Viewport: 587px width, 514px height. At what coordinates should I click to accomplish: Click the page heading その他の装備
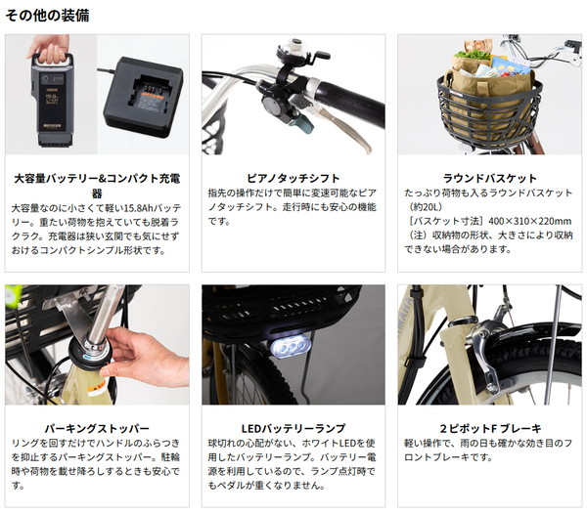[47, 16]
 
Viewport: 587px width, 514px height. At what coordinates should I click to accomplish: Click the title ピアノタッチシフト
[293, 178]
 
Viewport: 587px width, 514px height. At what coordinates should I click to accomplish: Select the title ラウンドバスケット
[490, 178]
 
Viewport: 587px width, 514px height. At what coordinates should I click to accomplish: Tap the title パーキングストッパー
[97, 428]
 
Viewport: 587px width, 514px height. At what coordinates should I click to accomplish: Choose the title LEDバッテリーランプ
[293, 428]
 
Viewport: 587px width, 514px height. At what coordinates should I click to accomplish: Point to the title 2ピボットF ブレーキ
[490, 428]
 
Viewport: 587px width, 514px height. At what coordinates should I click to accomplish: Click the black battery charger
[143, 97]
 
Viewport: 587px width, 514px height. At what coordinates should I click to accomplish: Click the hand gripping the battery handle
[50, 49]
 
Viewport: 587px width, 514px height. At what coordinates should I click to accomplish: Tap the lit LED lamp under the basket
[291, 346]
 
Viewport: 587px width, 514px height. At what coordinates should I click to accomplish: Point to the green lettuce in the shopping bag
[472, 55]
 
